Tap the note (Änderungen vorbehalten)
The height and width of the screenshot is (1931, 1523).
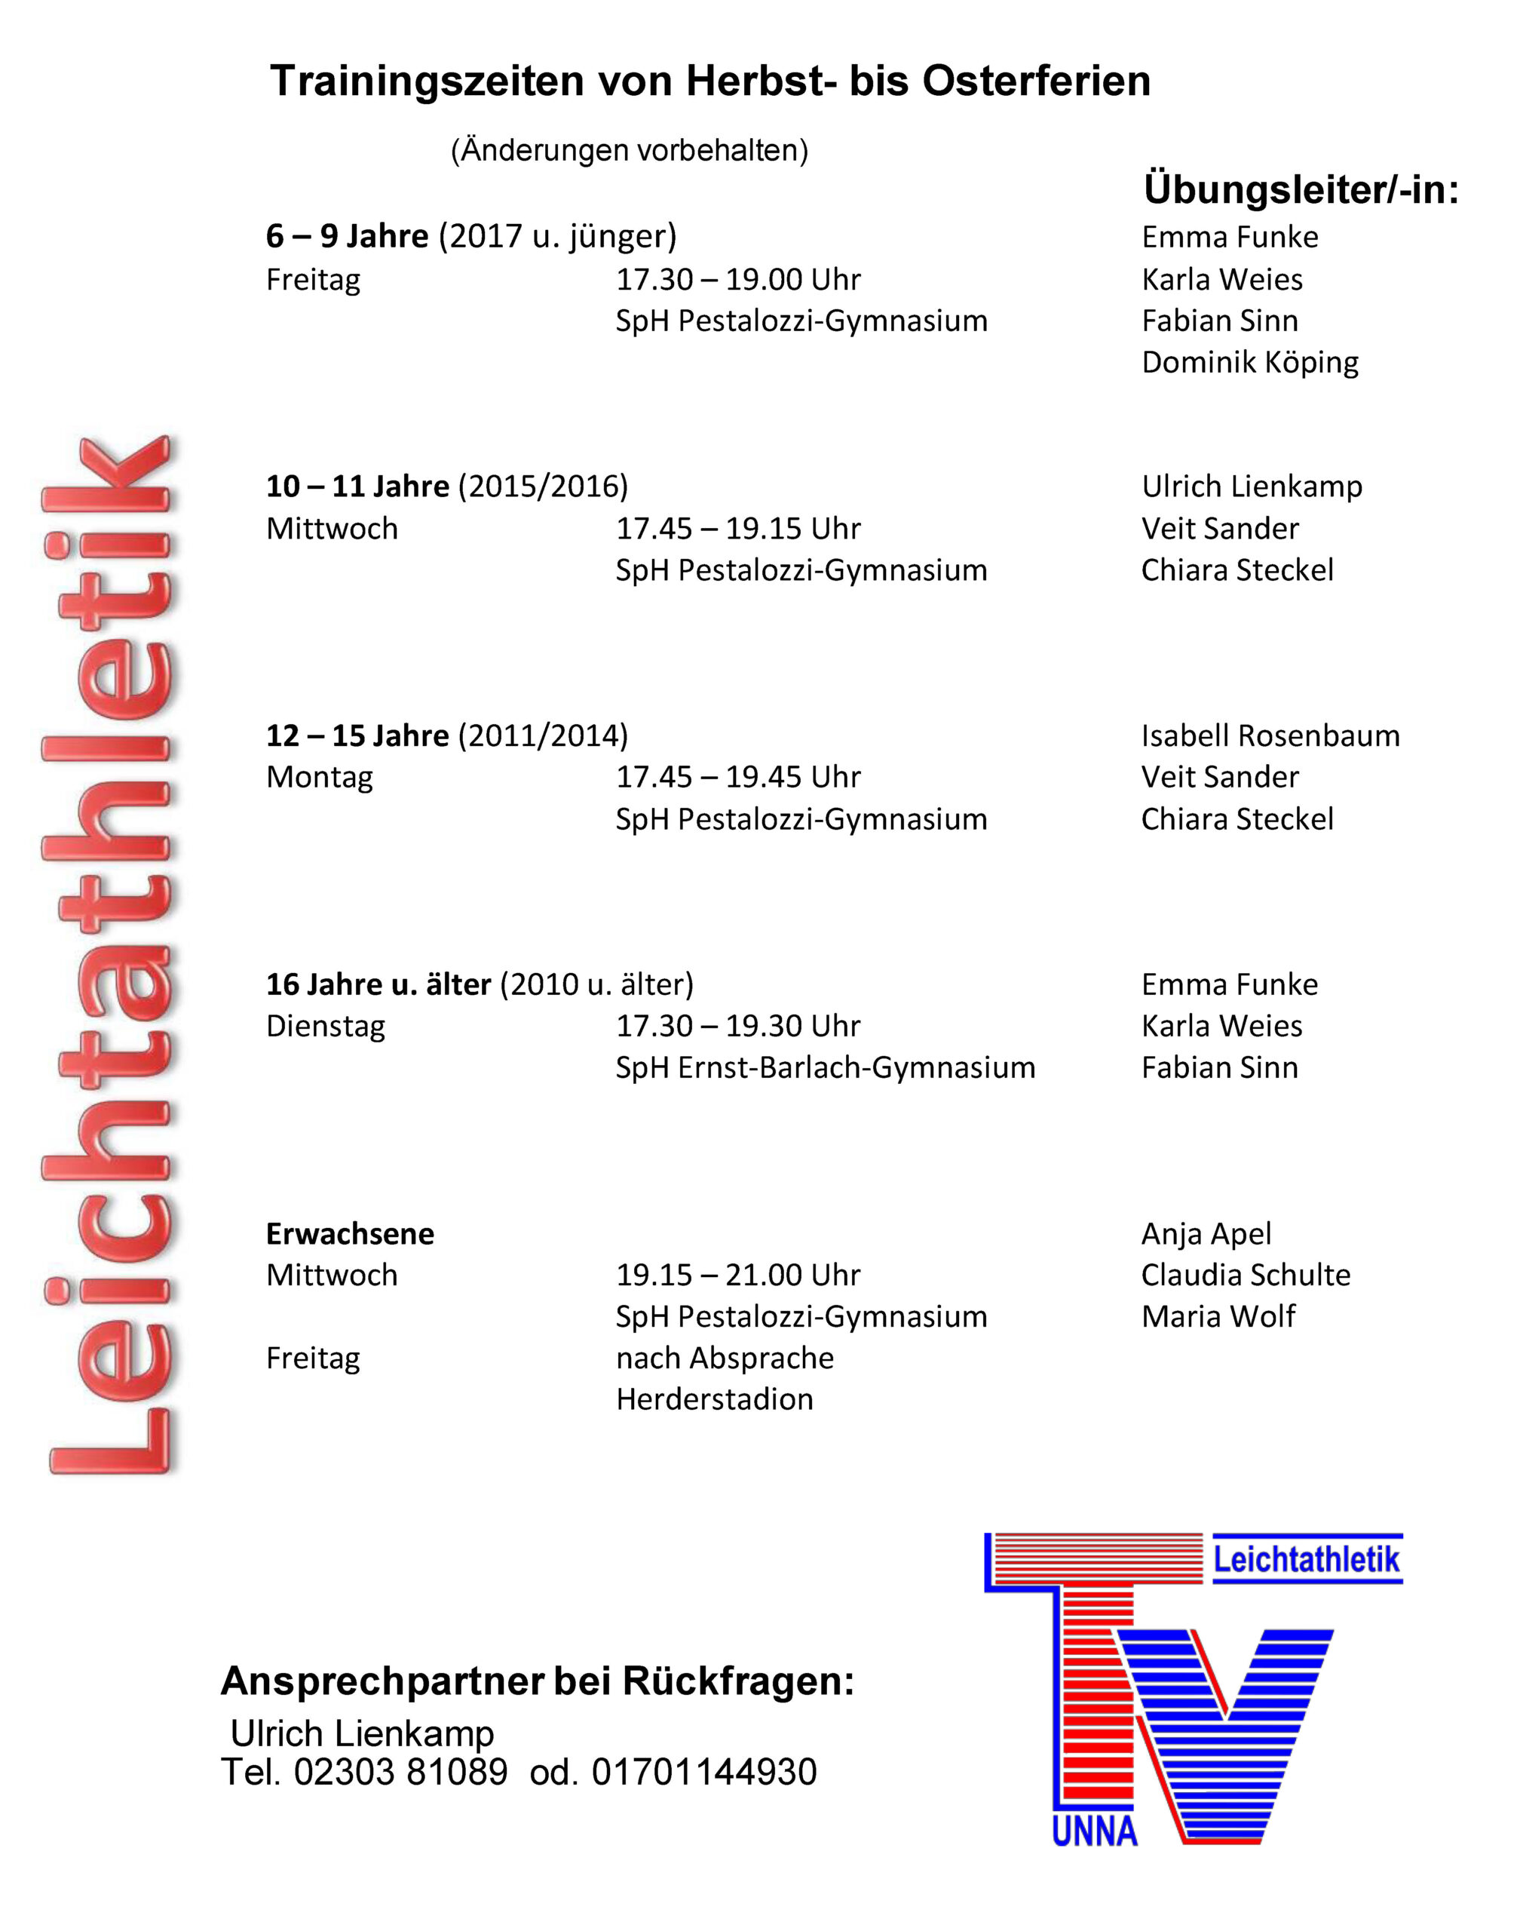tap(630, 150)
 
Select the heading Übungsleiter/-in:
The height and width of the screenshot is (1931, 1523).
tap(1301, 189)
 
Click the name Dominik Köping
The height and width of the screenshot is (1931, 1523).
tap(1250, 362)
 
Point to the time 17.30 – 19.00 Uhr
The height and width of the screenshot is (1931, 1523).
tap(738, 279)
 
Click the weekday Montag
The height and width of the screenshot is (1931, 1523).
tap(319, 777)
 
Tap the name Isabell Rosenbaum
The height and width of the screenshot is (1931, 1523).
tap(1270, 736)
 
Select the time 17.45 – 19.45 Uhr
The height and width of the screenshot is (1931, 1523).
tap(738, 777)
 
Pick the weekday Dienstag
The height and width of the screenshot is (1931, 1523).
tap(326, 1026)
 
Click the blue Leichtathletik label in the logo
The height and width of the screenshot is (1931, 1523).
tap(1307, 1559)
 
